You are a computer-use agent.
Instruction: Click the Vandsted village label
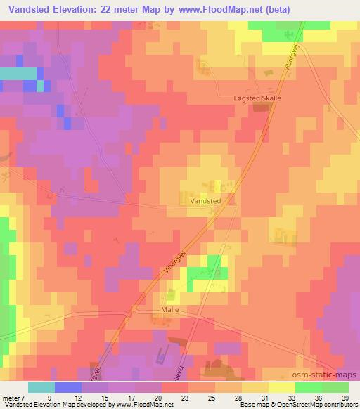[206, 200]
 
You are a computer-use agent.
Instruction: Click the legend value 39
[345, 397]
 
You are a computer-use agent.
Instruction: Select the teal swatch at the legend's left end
[41, 387]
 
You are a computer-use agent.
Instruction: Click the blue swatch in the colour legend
[67, 387]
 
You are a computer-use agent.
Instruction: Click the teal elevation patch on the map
[18, 73]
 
